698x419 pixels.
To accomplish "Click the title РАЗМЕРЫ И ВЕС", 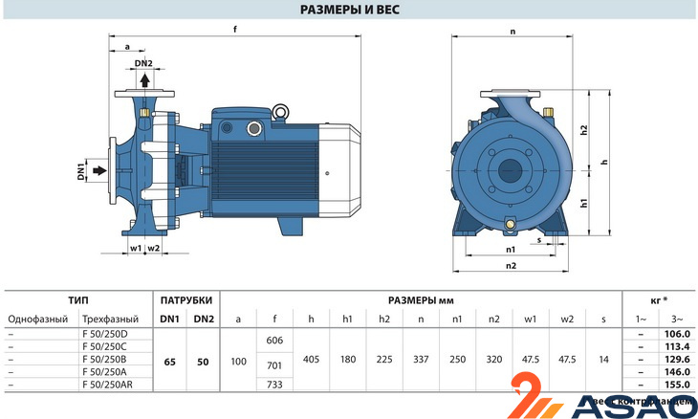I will pyautogui.click(x=349, y=11).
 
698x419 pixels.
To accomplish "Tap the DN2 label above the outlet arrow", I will pyautogui.click(x=143, y=64).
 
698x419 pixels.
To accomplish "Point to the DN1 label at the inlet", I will pyautogui.click(x=82, y=172).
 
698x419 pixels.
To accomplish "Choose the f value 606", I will pyautogui.click(x=274, y=341).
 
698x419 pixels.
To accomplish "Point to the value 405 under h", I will pyautogui.click(x=310, y=359).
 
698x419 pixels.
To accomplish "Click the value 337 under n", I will pyautogui.click(x=421, y=359).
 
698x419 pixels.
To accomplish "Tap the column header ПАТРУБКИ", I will pyautogui.click(x=185, y=298).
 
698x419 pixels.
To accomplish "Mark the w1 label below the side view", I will pyautogui.click(x=135, y=248).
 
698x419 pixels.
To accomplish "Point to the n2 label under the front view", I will pyautogui.click(x=511, y=265).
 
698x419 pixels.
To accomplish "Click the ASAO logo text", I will pyautogui.click(x=630, y=408).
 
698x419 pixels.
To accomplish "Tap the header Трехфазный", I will pyautogui.click(x=111, y=318).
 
